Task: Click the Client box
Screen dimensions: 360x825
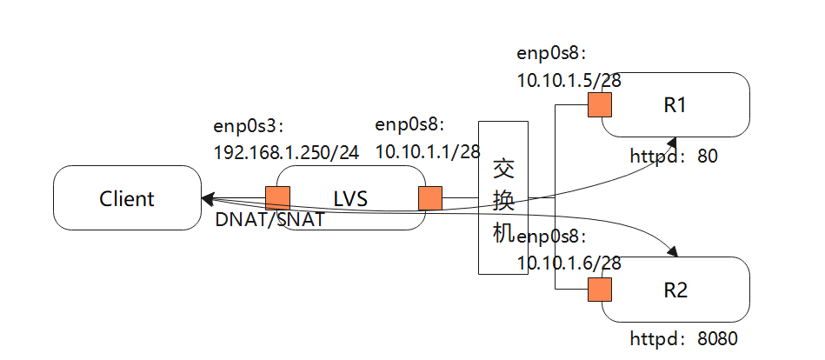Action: [127, 198]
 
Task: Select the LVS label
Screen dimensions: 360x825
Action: [350, 198]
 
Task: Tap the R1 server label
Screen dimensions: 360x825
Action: [675, 105]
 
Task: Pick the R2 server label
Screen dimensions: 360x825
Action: [675, 290]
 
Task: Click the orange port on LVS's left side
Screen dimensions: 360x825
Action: [277, 198]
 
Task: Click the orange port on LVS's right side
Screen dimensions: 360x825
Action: [430, 198]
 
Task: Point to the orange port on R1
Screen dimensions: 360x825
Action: [599, 105]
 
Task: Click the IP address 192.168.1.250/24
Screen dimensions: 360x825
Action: [286, 152]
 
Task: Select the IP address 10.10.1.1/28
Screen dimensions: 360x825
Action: [428, 151]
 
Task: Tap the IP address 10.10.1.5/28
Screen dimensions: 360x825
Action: [569, 79]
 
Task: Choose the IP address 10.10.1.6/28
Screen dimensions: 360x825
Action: [569, 262]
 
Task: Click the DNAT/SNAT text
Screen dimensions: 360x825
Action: [269, 220]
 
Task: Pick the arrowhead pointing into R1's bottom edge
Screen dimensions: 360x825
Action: [674, 141]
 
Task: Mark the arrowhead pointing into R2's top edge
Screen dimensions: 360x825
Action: [675, 252]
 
